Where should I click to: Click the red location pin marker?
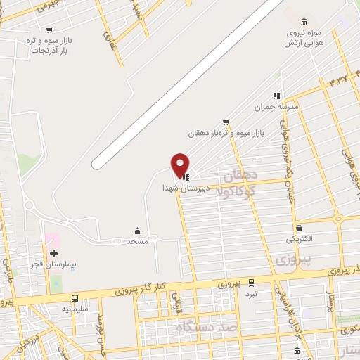coord(181,165)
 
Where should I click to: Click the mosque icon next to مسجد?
coord(137,231)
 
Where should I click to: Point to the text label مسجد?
coord(136,241)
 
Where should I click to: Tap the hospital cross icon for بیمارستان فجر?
coord(53,252)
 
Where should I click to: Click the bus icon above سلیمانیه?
coord(75,299)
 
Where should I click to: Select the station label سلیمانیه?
coord(75,309)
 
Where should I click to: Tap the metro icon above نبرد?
coord(252,283)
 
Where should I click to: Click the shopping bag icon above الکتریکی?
coord(300,228)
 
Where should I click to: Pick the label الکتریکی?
coord(300,239)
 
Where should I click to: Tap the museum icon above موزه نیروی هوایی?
coord(304,22)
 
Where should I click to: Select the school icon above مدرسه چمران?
coord(276,96)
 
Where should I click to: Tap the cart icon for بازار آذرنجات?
coord(49,30)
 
